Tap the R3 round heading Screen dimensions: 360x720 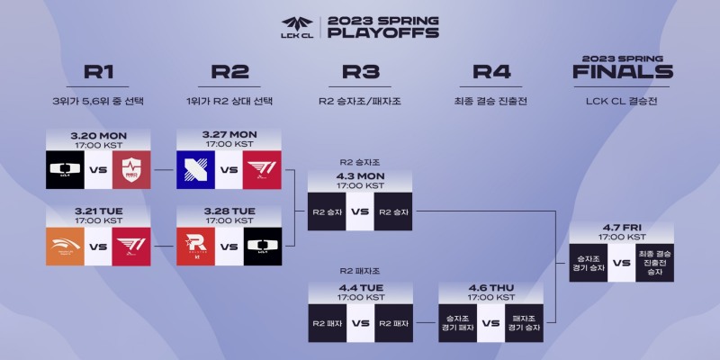(x=360, y=73)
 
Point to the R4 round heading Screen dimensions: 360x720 (x=491, y=73)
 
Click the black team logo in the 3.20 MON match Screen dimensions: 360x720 (x=65, y=169)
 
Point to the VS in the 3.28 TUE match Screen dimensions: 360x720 (x=229, y=245)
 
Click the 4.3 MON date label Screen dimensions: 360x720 (x=360, y=175)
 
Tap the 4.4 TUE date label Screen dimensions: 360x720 (x=360, y=291)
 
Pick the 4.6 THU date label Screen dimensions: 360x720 (x=491, y=291)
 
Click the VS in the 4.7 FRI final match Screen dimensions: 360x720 (x=621, y=264)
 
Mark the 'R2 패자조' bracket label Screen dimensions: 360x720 (x=359, y=270)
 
